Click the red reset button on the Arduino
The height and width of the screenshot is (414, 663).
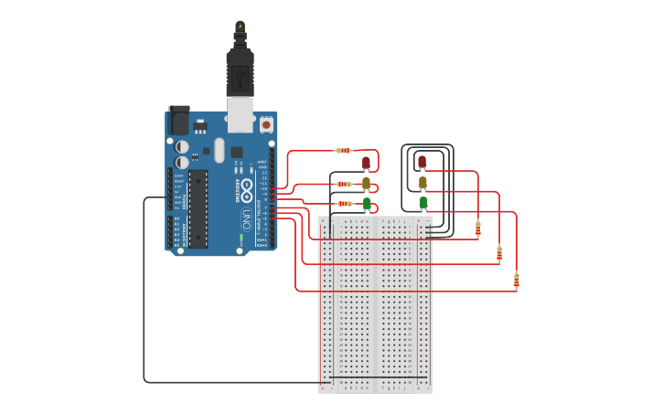266,123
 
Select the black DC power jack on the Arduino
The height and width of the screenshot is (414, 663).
179,121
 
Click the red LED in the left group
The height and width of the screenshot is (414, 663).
366,163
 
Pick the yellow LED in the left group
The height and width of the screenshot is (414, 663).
366,183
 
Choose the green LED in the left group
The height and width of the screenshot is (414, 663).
367,203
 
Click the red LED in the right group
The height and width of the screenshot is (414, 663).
422,162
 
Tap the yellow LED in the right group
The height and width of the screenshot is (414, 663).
422,182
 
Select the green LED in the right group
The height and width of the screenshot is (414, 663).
422,202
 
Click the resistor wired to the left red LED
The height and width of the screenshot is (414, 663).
344,150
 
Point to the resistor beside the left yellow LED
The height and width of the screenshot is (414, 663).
345,184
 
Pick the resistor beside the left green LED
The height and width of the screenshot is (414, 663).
345,204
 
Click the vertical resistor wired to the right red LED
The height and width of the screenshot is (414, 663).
478,228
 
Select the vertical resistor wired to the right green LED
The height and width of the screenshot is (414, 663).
517,281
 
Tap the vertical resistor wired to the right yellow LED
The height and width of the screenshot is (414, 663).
499,253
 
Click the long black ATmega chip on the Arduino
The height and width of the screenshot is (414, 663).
198,208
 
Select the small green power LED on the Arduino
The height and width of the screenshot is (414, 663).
241,239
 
